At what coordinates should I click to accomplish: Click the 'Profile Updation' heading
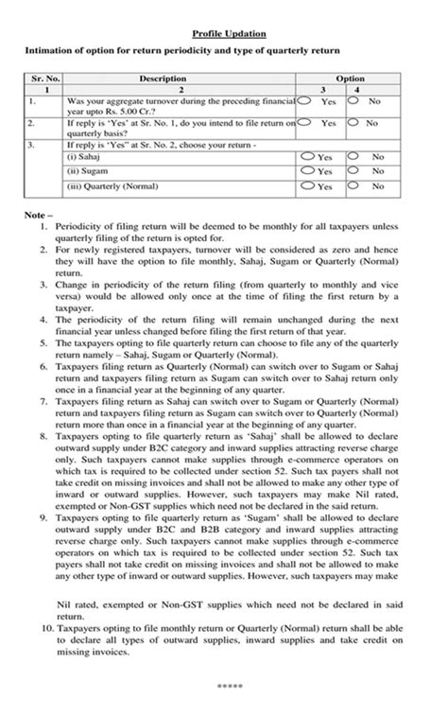[x=223, y=32]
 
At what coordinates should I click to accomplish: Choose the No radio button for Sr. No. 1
[x=353, y=98]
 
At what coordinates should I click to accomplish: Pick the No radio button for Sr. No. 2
[x=353, y=122]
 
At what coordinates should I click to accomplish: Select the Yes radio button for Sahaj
[x=308, y=156]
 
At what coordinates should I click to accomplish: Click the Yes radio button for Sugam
[x=308, y=171]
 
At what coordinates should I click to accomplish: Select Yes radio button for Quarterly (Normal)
[x=308, y=186]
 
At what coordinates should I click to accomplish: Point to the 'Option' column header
[x=350, y=79]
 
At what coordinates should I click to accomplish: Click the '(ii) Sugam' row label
[x=85, y=171]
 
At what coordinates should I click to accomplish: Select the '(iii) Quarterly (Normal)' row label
[x=106, y=186]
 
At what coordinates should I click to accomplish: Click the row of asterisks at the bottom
[x=223, y=681]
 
